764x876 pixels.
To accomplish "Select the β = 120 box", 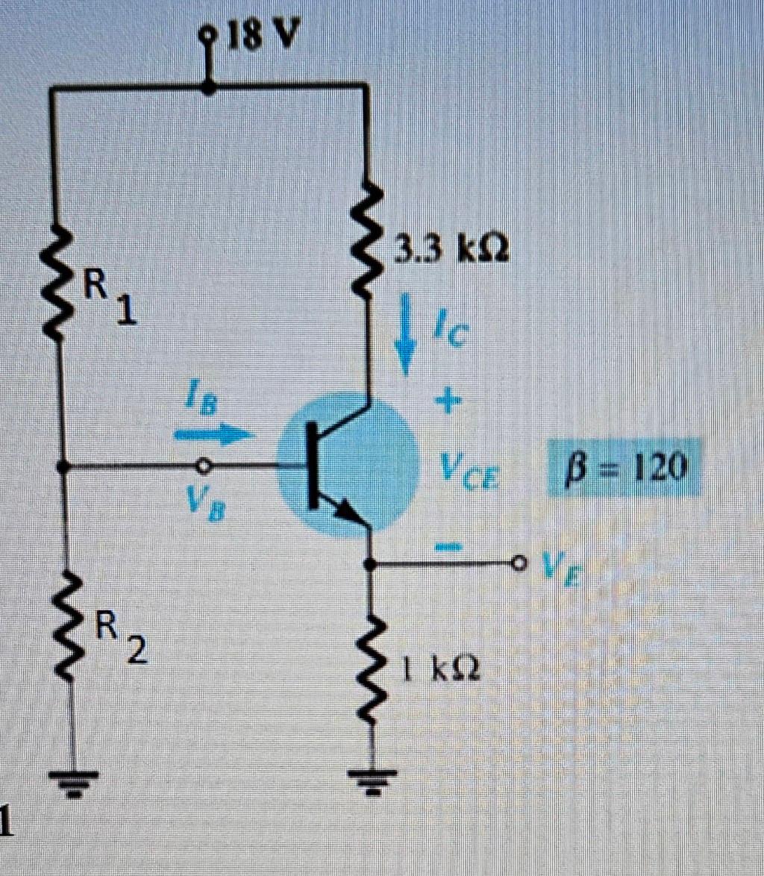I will point(625,467).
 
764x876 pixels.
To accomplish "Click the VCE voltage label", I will point(469,470).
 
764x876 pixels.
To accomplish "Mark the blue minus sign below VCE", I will point(446,548).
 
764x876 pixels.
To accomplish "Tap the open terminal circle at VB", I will point(201,466).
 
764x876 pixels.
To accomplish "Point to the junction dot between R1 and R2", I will point(63,467).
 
